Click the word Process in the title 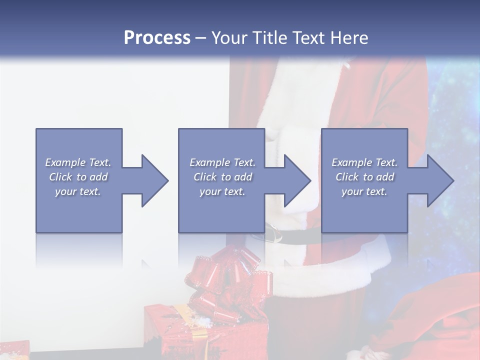pos(157,38)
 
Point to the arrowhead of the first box pos(155,180)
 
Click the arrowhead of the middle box pos(297,180)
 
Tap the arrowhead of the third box pos(440,180)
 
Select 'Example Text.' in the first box pos(78,162)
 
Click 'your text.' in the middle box pos(222,191)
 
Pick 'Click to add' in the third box pos(364,177)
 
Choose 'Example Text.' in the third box pos(364,162)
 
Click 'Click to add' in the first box pos(78,177)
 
